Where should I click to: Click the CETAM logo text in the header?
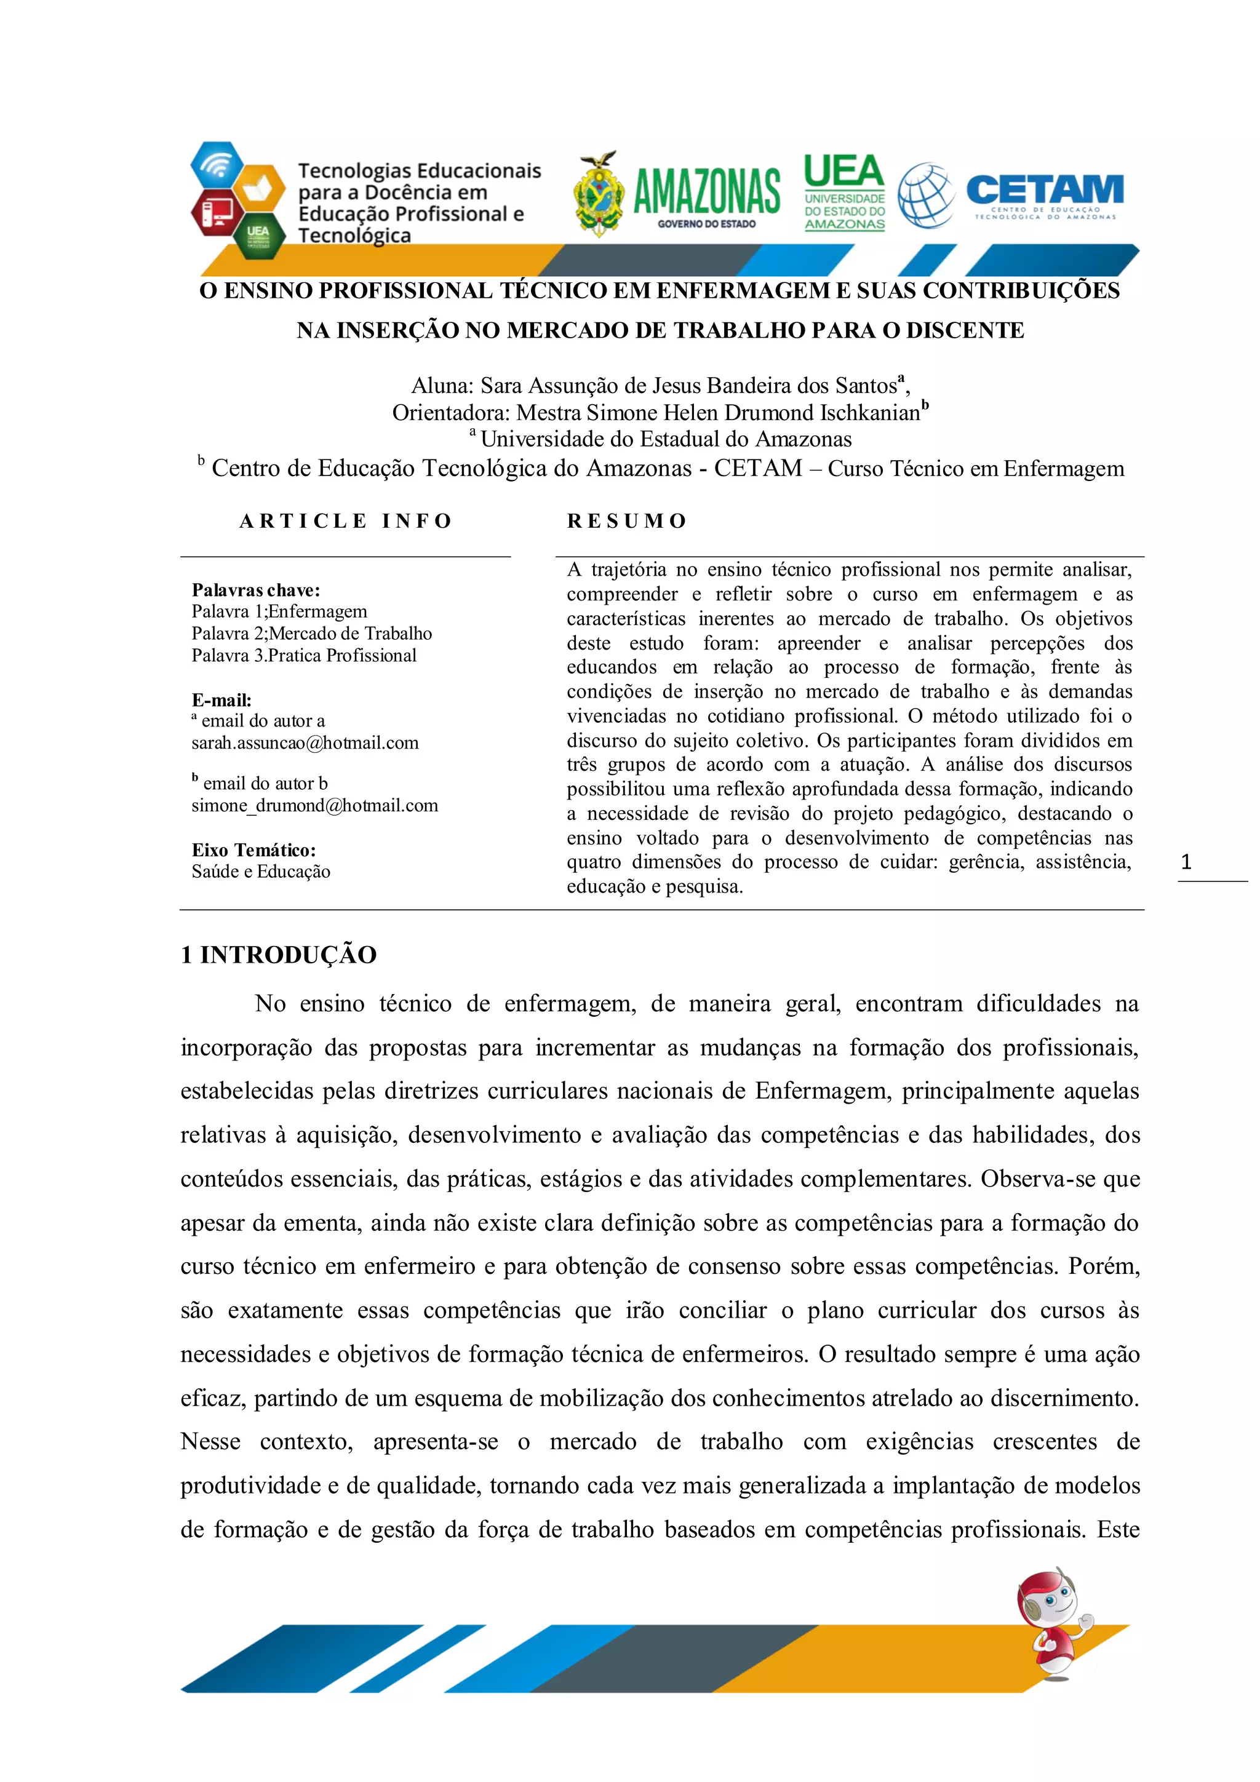1044,190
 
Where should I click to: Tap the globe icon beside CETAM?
925,195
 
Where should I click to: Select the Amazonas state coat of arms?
599,194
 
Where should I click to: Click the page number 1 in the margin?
1186,862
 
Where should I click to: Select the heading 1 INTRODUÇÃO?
279,955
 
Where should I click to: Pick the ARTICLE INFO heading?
346,521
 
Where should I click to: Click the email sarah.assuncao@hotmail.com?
305,743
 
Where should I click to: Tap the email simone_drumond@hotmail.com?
314,806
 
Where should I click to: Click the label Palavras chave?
256,590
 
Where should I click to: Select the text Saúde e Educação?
261,872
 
